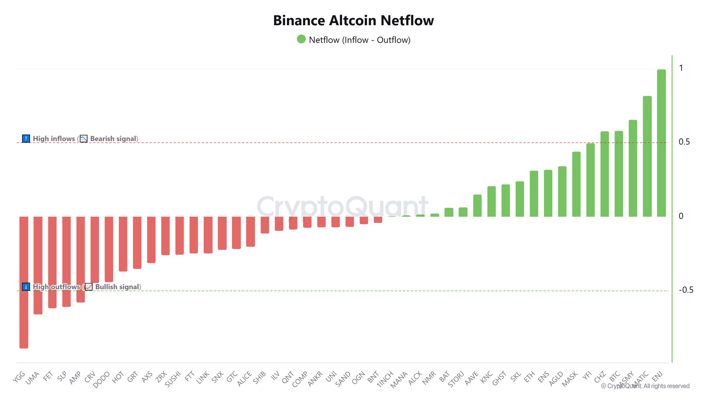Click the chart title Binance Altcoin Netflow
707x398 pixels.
click(x=353, y=21)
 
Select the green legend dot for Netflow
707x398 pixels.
click(x=301, y=39)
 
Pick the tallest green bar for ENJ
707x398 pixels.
click(x=661, y=143)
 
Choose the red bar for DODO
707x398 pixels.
click(x=109, y=249)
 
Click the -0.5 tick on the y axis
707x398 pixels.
click(x=686, y=290)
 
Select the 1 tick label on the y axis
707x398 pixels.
click(x=681, y=68)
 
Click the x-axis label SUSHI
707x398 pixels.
click(x=173, y=379)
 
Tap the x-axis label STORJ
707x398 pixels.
click(x=456, y=379)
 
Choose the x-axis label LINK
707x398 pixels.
click(x=203, y=378)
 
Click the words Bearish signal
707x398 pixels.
click(x=113, y=139)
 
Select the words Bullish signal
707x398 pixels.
click(x=117, y=287)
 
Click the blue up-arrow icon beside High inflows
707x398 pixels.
click(x=26, y=139)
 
